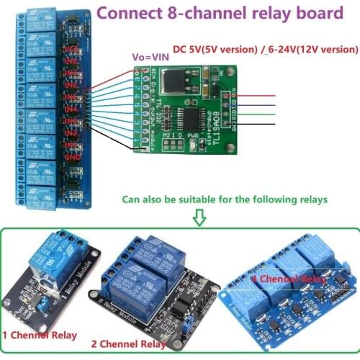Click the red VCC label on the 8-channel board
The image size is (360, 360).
pyautogui.click(x=71, y=48)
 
